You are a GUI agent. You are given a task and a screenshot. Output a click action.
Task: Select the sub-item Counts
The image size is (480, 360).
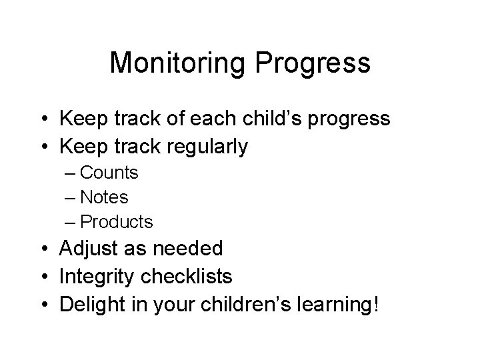(x=109, y=173)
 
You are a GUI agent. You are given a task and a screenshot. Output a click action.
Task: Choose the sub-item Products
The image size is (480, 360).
(x=116, y=221)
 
